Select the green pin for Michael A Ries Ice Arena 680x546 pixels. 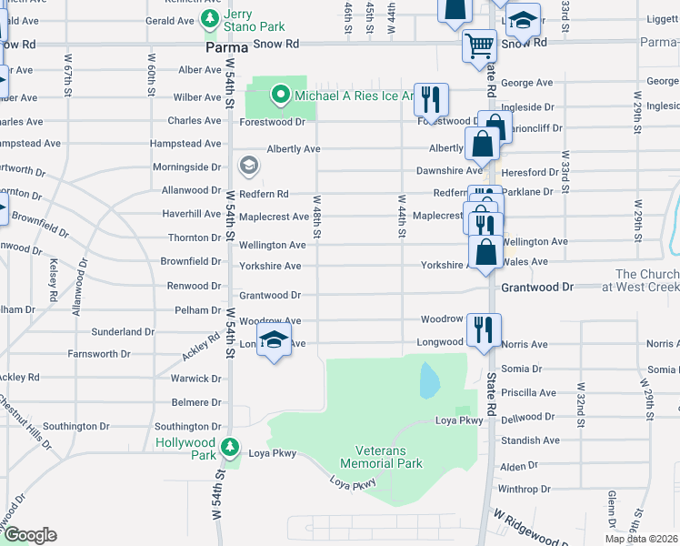tap(281, 94)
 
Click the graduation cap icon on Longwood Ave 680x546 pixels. tap(272, 341)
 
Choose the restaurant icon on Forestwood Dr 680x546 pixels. tap(432, 98)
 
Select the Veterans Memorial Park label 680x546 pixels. tap(388, 457)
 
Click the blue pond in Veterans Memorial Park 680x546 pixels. tap(427, 380)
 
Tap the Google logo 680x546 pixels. tap(30, 535)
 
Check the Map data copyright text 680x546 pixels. tap(641, 539)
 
